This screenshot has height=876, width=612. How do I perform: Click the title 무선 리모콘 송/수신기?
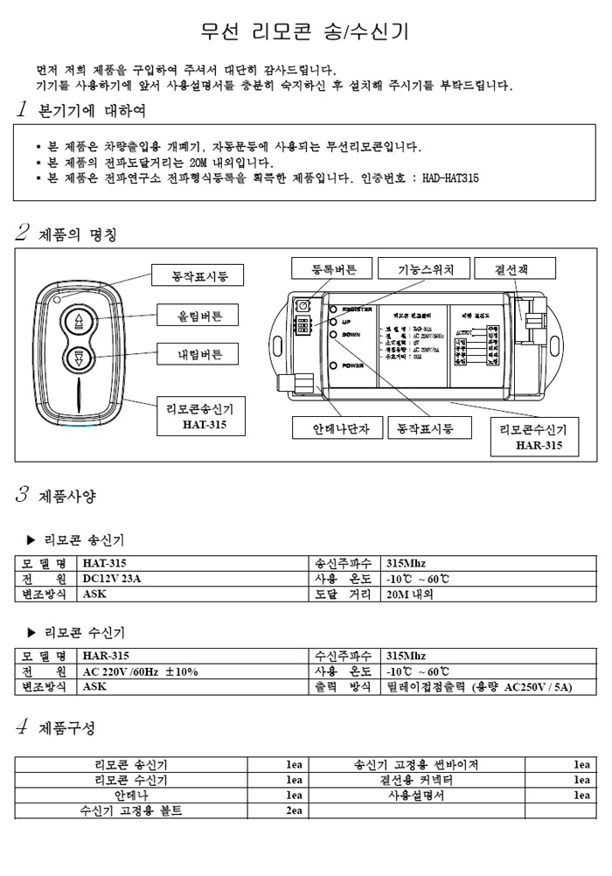[304, 32]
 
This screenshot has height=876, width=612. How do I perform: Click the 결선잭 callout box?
[512, 268]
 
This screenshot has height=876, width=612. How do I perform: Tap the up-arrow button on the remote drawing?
[79, 319]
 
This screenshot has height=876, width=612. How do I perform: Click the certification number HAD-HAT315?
[449, 178]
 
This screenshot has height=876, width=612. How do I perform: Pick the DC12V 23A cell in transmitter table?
[111, 579]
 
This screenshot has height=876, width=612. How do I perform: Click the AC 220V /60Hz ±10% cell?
[140, 671]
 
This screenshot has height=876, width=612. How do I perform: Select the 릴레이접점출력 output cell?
[479, 687]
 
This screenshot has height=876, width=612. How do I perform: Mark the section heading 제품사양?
[67, 497]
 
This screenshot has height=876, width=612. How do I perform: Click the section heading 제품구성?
[67, 728]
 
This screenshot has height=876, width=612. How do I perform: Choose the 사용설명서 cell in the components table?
[416, 796]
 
